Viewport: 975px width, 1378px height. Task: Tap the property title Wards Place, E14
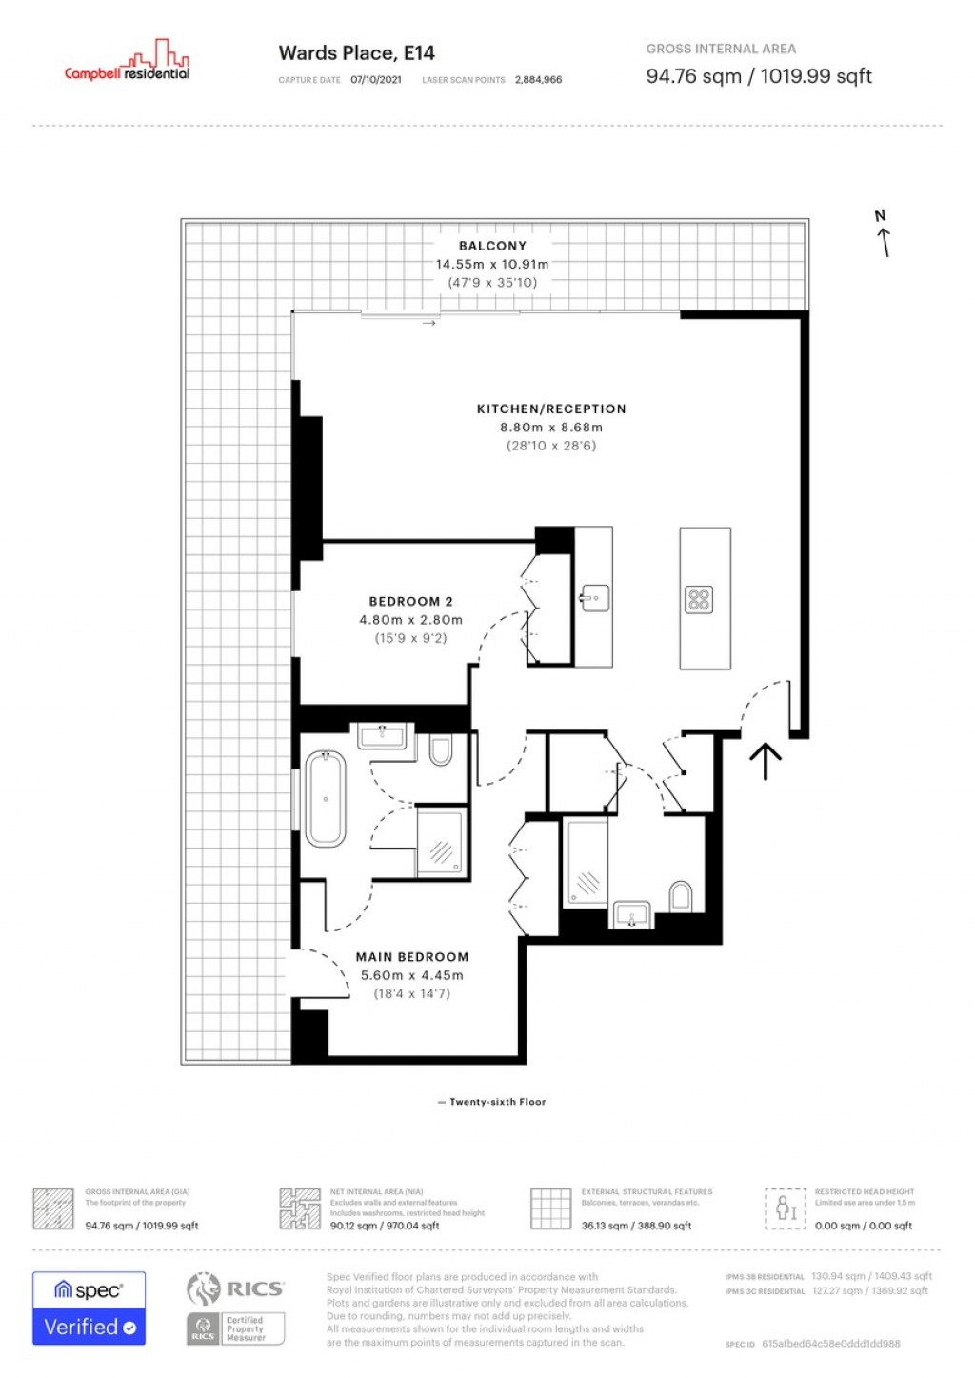point(356,53)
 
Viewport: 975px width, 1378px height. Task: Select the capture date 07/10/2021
point(376,80)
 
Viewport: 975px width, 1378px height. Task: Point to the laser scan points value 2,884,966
point(538,80)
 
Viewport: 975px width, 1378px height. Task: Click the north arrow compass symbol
point(883,234)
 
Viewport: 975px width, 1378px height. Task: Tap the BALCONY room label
point(492,246)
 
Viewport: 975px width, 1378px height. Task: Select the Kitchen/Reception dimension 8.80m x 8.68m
point(551,428)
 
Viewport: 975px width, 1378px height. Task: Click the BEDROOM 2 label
point(410,602)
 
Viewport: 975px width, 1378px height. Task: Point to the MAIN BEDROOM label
point(412,957)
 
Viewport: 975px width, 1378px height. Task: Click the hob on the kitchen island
point(699,600)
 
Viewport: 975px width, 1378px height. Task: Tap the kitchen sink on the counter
point(594,598)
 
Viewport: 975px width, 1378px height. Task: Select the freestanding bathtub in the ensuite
point(325,798)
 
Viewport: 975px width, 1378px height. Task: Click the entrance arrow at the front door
point(766,761)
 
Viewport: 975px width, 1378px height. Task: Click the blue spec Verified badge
point(90,1308)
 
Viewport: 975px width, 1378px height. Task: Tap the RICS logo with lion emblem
point(235,1289)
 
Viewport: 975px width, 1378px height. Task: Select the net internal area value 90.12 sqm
point(385,1226)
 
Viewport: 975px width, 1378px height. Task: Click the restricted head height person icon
point(786,1208)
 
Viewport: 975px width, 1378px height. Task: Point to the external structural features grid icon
point(550,1208)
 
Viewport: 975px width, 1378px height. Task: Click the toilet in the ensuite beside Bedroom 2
point(440,751)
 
